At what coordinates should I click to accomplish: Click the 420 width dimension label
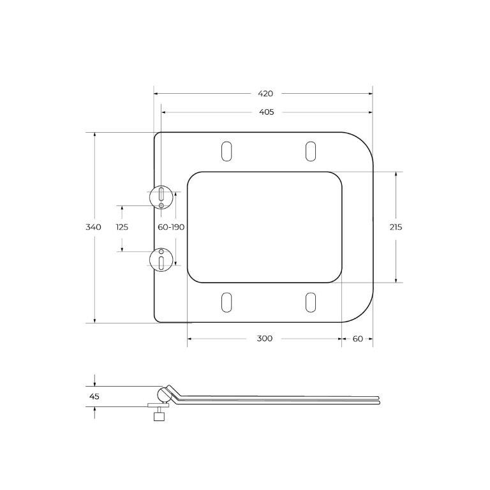pyautogui.click(x=265, y=93)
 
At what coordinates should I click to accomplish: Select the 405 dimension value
pyautogui.click(x=266, y=112)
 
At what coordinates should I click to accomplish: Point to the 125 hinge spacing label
pyautogui.click(x=122, y=227)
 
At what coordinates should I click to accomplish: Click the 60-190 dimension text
pyautogui.click(x=171, y=227)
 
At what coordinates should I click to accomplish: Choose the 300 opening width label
pyautogui.click(x=265, y=338)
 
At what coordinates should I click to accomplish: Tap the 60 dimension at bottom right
pyautogui.click(x=357, y=338)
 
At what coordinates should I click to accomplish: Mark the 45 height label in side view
pyautogui.click(x=94, y=396)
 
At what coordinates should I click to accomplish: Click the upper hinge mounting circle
pyautogui.click(x=162, y=197)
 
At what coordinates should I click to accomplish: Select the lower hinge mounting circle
pyautogui.click(x=162, y=259)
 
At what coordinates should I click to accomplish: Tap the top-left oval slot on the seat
pyautogui.click(x=226, y=151)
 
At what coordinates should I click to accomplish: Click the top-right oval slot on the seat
pyautogui.click(x=311, y=151)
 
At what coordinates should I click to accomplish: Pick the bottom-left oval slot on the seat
pyautogui.click(x=226, y=302)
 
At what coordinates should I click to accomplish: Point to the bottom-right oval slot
pyautogui.click(x=311, y=302)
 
